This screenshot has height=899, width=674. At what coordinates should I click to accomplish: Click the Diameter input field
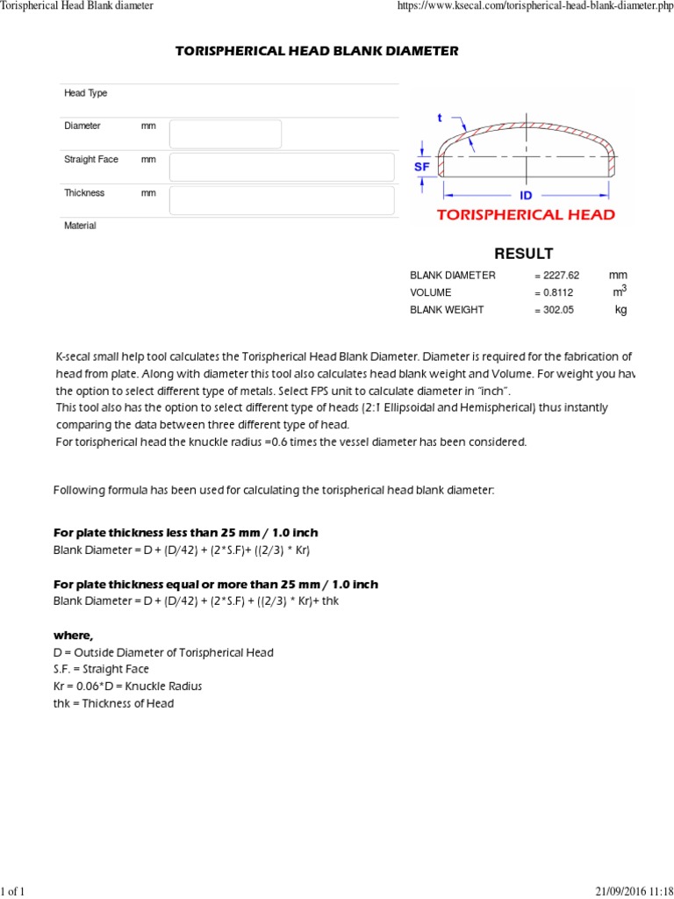pos(226,134)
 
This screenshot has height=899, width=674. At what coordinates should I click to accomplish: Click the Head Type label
pos(86,93)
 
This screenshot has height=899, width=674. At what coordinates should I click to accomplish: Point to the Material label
pos(80,226)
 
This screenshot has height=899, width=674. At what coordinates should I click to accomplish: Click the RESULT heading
pos(524,254)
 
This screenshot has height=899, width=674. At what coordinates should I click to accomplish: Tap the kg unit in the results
pos(620,310)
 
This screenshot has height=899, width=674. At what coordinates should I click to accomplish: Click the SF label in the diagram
pos(421,166)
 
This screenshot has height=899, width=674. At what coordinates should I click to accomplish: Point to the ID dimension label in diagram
pos(527,196)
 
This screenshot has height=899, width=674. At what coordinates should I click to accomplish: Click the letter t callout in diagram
pos(440,118)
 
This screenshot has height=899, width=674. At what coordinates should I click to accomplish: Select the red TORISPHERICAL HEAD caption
pos(525,215)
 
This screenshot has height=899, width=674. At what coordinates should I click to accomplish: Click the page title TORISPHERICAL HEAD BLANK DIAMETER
pos(317,52)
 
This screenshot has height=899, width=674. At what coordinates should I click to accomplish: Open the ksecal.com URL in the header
pos(535,6)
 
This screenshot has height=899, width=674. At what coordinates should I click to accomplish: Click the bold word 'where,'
pos(73,635)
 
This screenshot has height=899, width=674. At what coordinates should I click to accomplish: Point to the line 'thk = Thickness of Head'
pos(113,703)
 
